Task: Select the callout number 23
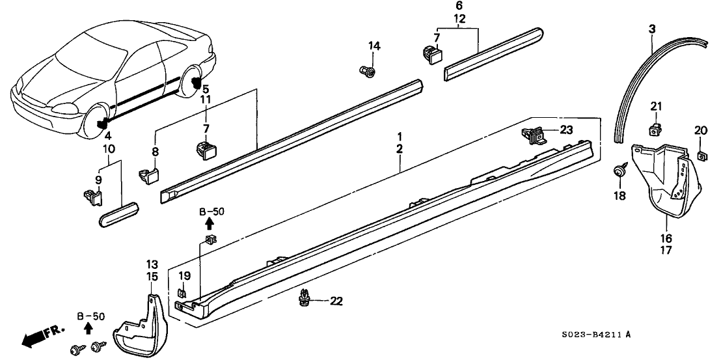[x=566, y=130]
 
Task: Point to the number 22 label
[x=335, y=301]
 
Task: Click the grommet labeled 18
[x=618, y=171]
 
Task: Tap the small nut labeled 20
[x=701, y=156]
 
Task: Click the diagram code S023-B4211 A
[x=596, y=335]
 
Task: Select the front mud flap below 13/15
[x=138, y=322]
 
